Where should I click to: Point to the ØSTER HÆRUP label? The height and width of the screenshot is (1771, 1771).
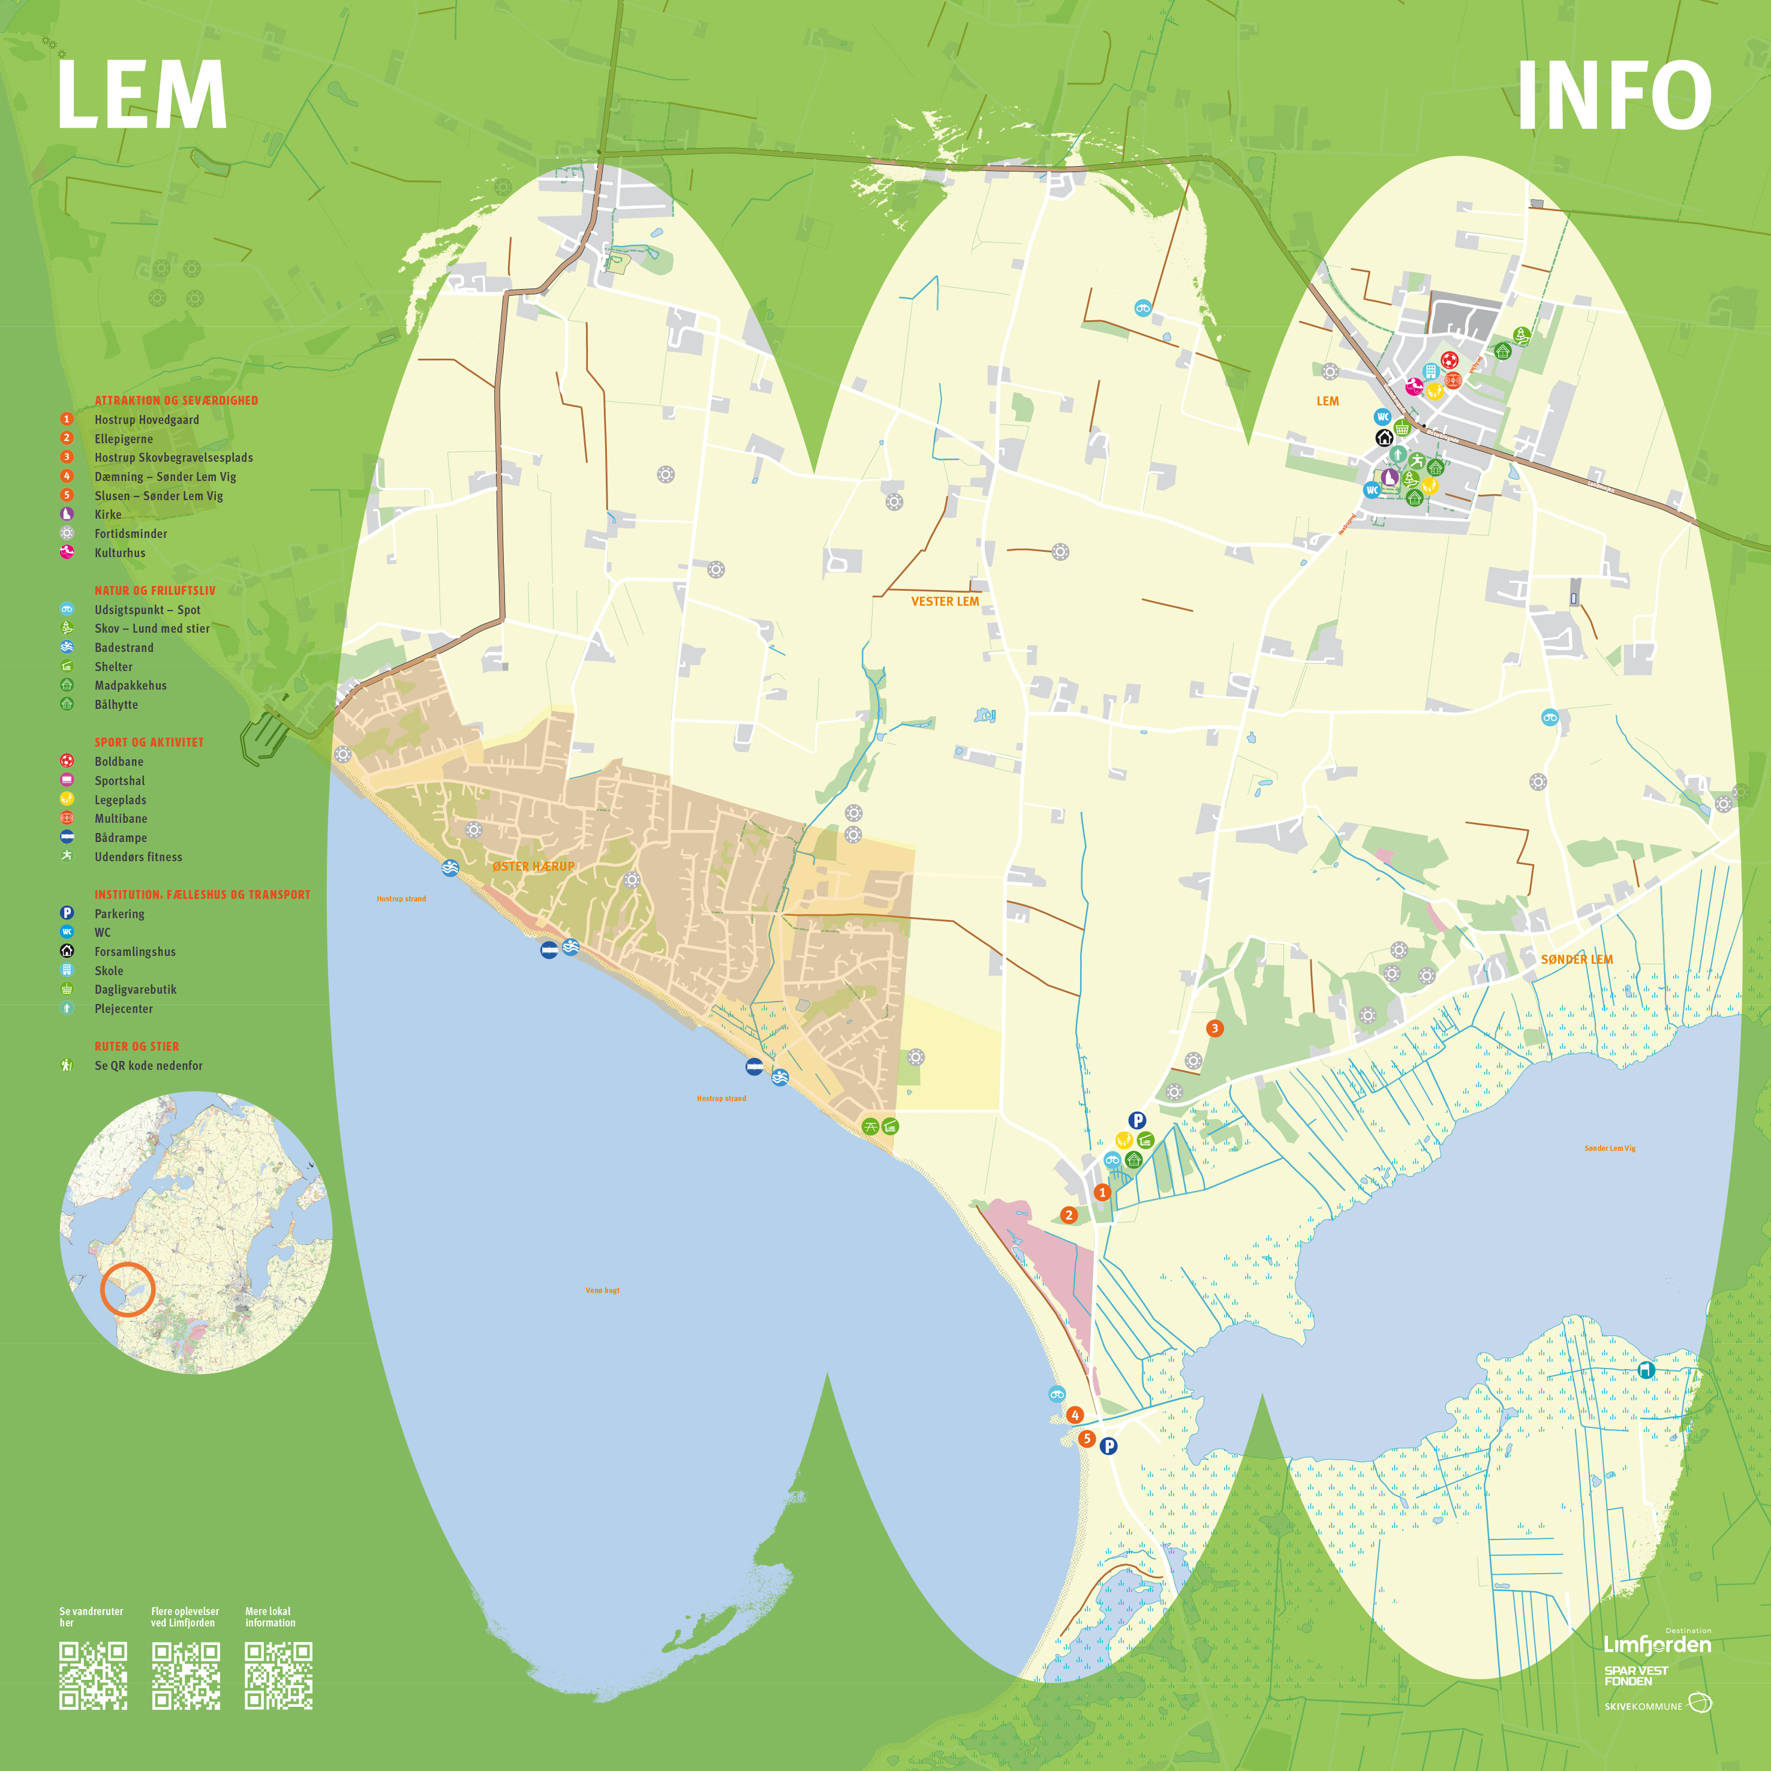534,866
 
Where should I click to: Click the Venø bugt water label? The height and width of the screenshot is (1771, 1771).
602,1290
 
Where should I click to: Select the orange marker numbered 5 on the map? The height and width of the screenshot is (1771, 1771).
1086,1438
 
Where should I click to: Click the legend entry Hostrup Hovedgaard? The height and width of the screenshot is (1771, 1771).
147,420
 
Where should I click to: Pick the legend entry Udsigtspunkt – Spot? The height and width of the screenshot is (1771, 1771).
147,609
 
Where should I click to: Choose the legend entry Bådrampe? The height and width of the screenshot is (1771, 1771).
120,838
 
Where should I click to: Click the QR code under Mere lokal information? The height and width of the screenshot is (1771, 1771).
279,1676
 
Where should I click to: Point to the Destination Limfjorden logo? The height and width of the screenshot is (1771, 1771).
1657,1644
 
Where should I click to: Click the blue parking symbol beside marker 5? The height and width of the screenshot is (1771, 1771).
1108,1445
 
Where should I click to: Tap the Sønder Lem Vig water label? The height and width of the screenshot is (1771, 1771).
1610,1148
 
